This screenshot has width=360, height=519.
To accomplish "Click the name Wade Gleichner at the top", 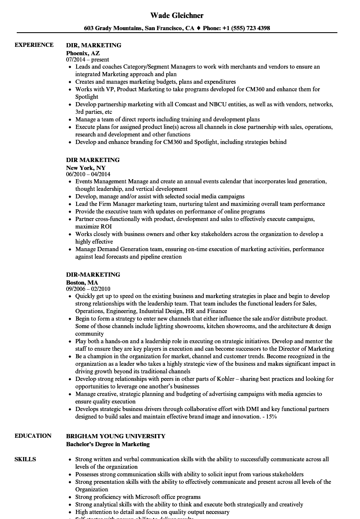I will click(x=177, y=15).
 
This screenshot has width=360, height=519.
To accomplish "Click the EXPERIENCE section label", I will click(x=34, y=45).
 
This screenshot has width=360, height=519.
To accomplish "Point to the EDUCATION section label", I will click(x=33, y=436).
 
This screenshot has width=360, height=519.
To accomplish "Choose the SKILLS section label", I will click(x=25, y=459).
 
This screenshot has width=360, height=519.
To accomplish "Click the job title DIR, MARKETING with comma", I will click(x=94, y=45).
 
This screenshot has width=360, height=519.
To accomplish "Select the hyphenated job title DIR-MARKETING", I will click(x=93, y=275).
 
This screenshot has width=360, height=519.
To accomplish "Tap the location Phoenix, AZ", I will click(x=83, y=53).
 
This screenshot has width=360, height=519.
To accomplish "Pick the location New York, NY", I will click(x=86, y=167).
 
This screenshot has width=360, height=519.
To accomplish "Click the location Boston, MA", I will click(x=82, y=282).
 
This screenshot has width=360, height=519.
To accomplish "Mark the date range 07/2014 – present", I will click(x=87, y=59).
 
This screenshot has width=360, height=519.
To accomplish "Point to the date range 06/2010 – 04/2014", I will click(x=88, y=174).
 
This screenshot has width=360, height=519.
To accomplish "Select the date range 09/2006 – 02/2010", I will click(x=88, y=289).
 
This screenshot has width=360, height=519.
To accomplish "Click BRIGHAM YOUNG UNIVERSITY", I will click(x=116, y=436).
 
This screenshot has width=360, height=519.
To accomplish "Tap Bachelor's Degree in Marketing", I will click(x=108, y=444).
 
